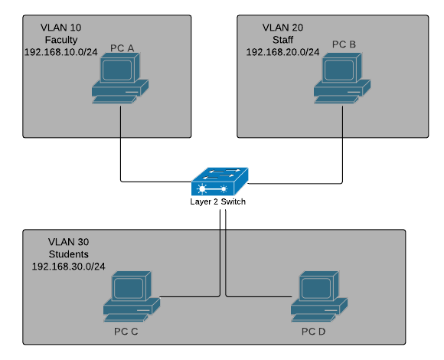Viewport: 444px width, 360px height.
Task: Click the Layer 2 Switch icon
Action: pyautogui.click(x=220, y=182)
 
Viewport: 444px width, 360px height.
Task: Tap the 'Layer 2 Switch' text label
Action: pyautogui.click(x=217, y=201)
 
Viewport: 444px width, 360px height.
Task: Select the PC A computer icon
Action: pyautogui.click(x=120, y=78)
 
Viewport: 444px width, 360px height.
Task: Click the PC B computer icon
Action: pyautogui.click(x=342, y=78)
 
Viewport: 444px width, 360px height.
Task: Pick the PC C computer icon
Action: pyautogui.click(x=132, y=296)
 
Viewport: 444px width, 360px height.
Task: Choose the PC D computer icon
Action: pyautogui.click(x=319, y=296)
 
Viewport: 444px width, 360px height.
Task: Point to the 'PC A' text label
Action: pyautogui.click(x=122, y=48)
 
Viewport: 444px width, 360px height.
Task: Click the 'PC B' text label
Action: pyautogui.click(x=344, y=44)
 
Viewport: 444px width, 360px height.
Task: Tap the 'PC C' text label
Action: pyautogui.click(x=126, y=332)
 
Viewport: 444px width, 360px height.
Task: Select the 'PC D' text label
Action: pyautogui.click(x=313, y=332)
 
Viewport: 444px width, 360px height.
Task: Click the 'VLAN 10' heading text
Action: pyautogui.click(x=61, y=28)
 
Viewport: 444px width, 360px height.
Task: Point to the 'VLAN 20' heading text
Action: pyautogui.click(x=282, y=28)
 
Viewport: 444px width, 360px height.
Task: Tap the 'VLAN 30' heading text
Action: pyautogui.click(x=69, y=242)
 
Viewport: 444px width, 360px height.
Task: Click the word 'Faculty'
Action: pyautogui.click(x=61, y=40)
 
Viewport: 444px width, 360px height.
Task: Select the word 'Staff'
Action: pyautogui.click(x=282, y=40)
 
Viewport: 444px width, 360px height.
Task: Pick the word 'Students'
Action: pyautogui.click(x=69, y=254)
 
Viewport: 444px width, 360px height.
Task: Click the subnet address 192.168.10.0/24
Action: pyautogui.click(x=61, y=52)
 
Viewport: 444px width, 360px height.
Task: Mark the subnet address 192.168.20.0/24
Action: pyautogui.click(x=282, y=52)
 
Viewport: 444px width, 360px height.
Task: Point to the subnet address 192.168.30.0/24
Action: pyautogui.click(x=69, y=267)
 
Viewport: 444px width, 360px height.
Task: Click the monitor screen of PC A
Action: pyautogui.click(x=117, y=70)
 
